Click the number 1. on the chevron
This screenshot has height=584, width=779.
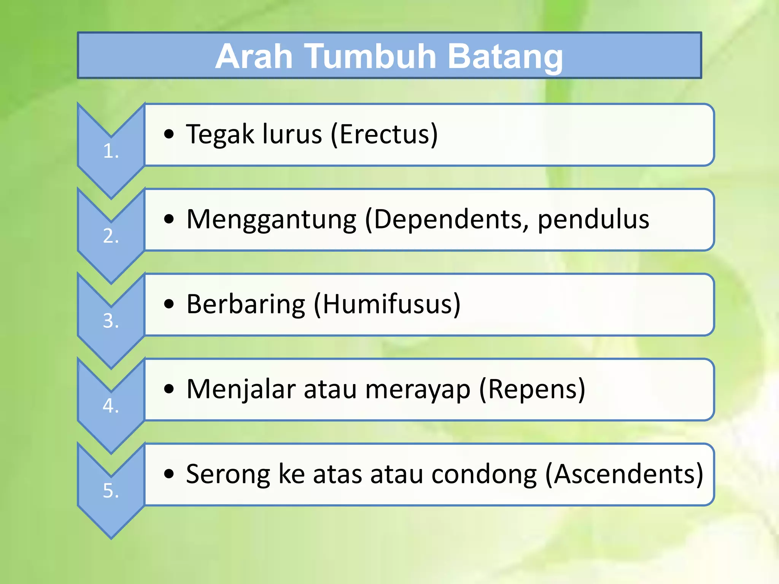[x=111, y=151]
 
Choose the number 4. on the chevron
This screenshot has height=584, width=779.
[x=111, y=406]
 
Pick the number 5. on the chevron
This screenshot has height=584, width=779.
[x=111, y=490]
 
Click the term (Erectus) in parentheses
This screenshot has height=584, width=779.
[x=384, y=135]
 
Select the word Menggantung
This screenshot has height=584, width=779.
[x=271, y=220]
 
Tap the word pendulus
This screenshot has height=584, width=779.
[x=593, y=220]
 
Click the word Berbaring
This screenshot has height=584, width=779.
[x=246, y=305]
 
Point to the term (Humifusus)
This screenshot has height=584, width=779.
[x=387, y=305]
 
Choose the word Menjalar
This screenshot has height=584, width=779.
[x=241, y=389]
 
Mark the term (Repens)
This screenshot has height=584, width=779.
[x=532, y=389]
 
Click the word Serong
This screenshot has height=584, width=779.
[x=228, y=474]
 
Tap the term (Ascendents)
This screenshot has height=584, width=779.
[x=624, y=474]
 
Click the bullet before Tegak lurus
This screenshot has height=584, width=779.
[x=169, y=134]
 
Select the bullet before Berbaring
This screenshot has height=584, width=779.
[x=169, y=304]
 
